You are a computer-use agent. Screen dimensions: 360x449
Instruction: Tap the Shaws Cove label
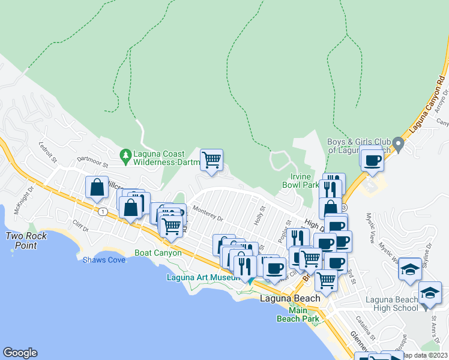(104, 260)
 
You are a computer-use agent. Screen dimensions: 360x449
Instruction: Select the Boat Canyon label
(158, 253)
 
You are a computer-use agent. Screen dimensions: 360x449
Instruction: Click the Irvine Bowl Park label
(301, 181)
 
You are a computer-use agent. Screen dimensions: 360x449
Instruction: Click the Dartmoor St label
(91, 164)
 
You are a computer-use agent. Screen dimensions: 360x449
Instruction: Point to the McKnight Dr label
(23, 195)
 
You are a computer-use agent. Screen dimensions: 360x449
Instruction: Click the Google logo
(20, 353)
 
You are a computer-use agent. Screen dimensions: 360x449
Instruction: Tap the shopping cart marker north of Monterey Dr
(211, 160)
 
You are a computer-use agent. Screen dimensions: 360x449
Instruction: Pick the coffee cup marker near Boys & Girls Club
(372, 160)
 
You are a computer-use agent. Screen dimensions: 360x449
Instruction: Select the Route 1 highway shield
(103, 211)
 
